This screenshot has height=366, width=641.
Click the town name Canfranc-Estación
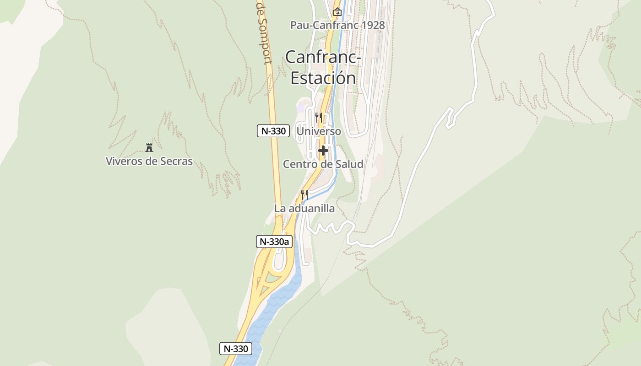click(323, 67)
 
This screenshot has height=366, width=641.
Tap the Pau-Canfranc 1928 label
click(337, 25)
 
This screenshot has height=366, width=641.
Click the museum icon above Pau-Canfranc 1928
click(337, 11)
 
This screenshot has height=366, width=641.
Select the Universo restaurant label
click(319, 131)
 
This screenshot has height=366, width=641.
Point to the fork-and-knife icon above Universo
click(319, 118)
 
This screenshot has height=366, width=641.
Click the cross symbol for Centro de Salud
click(323, 150)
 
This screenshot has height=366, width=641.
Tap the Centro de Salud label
click(323, 164)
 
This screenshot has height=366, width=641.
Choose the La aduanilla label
click(304, 209)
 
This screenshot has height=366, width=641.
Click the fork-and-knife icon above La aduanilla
click(304, 195)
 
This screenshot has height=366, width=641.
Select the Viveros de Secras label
click(149, 161)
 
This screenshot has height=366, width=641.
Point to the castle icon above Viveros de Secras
click(149, 147)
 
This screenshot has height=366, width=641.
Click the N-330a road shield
click(274, 242)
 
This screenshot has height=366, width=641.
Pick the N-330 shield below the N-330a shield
click(236, 349)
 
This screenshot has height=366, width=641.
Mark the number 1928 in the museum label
click(373, 25)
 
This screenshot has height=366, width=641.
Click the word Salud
click(349, 164)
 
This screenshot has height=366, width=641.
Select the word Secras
click(176, 161)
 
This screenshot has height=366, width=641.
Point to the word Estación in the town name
click(323, 78)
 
